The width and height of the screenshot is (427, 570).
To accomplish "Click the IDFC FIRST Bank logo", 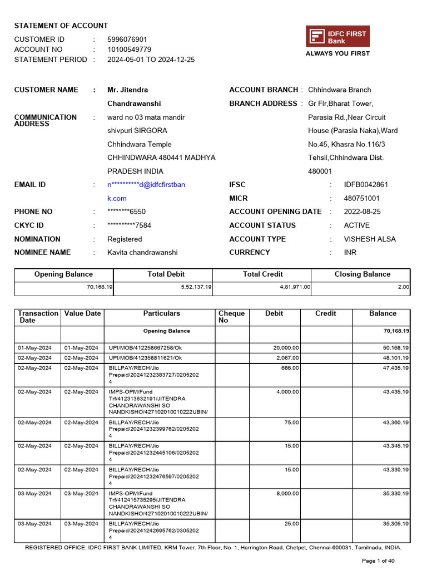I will tap(337, 37).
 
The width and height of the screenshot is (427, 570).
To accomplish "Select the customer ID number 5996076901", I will tap(127, 40).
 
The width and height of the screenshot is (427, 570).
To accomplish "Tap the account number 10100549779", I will tap(129, 50).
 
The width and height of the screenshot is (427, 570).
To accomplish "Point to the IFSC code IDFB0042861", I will tap(366, 185).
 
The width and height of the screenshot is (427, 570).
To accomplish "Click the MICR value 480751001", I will tap(362, 198).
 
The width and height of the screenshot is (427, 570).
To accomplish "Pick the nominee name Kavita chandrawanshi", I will tap(142, 253).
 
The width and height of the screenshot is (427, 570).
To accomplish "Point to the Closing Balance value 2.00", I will tap(404, 287).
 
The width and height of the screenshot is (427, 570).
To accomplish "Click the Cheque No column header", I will tap(231, 317).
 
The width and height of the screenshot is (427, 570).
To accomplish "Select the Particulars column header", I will tap(162, 313).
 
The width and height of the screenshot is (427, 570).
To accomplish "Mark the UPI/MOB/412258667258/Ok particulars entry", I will tap(145, 348).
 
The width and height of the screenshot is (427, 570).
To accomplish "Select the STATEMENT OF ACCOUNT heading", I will tap(61, 26).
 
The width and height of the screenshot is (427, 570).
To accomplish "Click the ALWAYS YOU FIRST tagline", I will tap(337, 53).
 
